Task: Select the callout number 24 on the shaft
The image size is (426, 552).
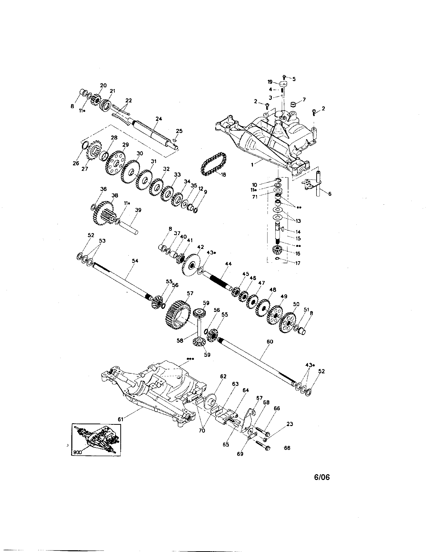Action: coord(159,119)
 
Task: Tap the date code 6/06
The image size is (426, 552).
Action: coord(322,477)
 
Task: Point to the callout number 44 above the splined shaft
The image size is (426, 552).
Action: coord(228,264)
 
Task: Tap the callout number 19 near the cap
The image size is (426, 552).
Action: coord(270,82)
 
